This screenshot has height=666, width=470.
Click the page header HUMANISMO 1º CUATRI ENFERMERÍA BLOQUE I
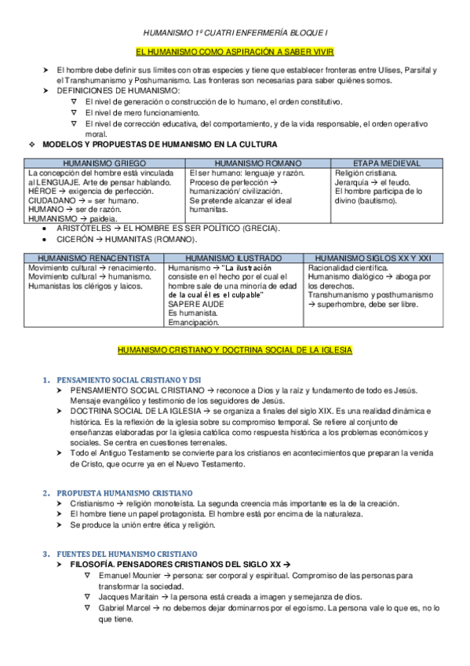click(x=234, y=32)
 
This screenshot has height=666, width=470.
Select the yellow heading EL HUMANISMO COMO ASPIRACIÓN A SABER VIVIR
click(x=235, y=51)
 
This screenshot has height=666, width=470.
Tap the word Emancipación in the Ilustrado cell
click(x=194, y=321)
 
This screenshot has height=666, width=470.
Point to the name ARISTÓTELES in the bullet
click(x=84, y=229)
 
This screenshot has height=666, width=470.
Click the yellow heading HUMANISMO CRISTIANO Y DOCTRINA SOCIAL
click(x=235, y=348)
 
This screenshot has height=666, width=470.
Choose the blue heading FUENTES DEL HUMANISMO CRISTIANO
click(x=126, y=554)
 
